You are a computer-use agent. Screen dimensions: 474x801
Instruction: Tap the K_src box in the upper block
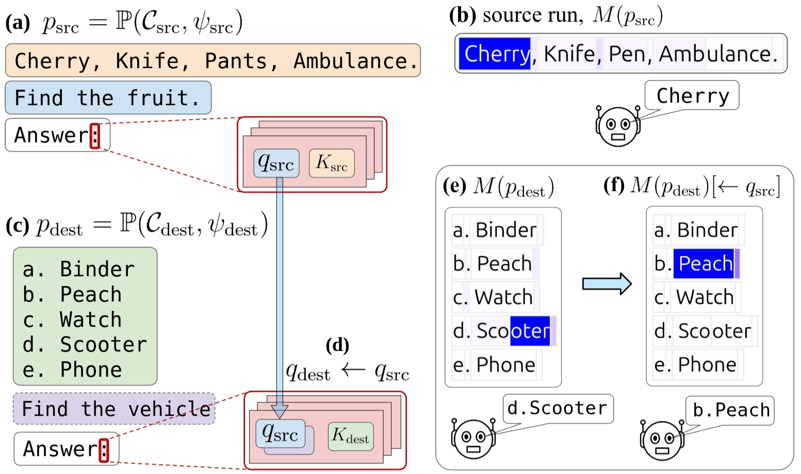332,163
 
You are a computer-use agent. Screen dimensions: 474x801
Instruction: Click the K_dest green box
350,436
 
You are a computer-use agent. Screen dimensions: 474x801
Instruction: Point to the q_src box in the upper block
276,163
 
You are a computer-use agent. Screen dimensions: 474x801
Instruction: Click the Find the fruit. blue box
108,97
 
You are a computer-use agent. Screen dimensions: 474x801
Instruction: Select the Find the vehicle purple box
114,409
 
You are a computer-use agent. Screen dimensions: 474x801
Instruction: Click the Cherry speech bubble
692,95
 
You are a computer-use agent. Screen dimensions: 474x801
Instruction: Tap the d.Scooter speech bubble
558,408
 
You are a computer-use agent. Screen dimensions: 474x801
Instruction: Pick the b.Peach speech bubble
730,410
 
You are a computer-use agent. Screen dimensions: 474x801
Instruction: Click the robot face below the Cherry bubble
618,126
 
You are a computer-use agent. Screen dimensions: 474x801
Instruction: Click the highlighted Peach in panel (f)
705,264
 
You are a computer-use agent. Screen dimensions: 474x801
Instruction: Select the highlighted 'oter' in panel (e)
530,331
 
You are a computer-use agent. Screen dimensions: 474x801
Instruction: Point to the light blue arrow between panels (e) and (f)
607,283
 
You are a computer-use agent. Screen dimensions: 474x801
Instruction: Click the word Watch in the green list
91,319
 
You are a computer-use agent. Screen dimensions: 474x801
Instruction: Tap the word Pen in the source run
627,54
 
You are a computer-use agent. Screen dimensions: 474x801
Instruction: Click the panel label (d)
337,345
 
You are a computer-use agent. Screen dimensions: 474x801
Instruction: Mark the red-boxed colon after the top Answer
95,136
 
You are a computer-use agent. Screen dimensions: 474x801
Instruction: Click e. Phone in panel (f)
696,365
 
